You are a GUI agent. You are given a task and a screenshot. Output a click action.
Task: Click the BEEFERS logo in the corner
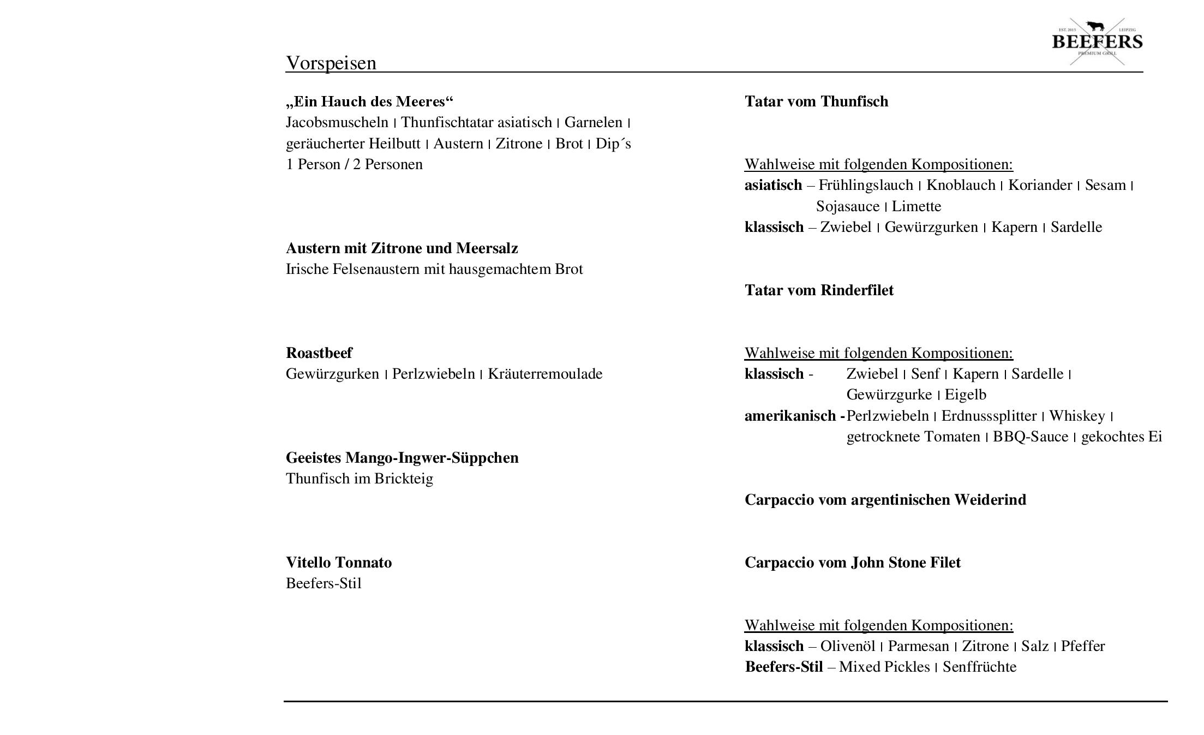click(1097, 41)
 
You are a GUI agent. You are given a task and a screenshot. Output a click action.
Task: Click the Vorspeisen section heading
click(331, 63)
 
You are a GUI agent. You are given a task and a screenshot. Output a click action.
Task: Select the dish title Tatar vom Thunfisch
click(816, 101)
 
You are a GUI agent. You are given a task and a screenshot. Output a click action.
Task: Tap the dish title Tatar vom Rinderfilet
click(819, 290)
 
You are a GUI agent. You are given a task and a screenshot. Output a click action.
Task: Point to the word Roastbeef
click(319, 353)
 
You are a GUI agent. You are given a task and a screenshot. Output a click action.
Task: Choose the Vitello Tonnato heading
click(339, 563)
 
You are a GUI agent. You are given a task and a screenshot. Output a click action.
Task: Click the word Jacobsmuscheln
click(337, 122)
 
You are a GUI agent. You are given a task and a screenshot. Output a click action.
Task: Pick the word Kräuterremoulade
click(545, 374)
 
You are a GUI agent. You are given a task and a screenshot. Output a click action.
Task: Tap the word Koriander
click(1040, 186)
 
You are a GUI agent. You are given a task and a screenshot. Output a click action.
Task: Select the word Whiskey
click(1077, 416)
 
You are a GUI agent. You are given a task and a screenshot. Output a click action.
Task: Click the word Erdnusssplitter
click(989, 416)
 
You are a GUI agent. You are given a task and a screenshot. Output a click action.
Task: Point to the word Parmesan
click(918, 647)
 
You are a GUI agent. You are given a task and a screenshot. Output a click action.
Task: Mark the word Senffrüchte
click(979, 667)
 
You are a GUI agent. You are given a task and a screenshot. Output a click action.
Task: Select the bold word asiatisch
click(773, 186)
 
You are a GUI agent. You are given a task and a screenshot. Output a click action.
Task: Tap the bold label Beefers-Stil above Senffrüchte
click(783, 667)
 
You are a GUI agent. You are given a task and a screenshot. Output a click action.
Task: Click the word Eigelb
click(965, 395)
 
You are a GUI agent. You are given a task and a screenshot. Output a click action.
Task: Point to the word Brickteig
click(403, 479)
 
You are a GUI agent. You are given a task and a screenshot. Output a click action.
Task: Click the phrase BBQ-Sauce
click(1030, 437)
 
